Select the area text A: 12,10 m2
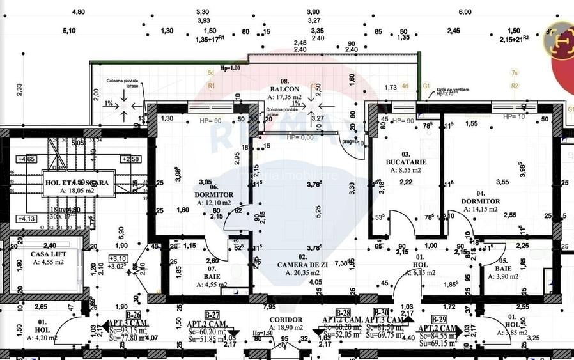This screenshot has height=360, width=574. click(214, 202)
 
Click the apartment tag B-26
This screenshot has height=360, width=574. click(133, 315)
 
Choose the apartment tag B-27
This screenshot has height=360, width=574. click(212, 315)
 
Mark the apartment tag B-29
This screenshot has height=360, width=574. click(438, 318)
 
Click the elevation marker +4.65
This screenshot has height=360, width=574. click(26, 159)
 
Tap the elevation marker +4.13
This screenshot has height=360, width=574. click(26, 219)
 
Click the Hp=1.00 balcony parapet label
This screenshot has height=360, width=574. click(230, 68)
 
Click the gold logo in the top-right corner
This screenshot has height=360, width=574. click(557, 38)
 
